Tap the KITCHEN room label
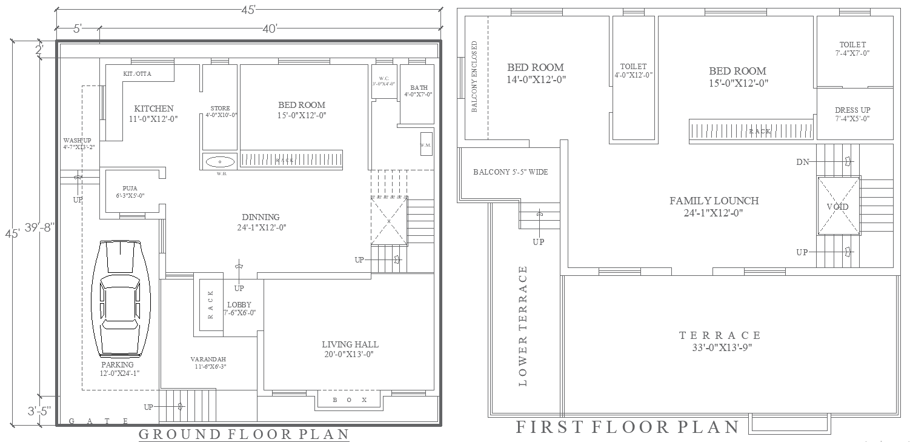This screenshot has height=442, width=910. click(153, 109)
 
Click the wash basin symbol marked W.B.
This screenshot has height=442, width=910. click(220, 162)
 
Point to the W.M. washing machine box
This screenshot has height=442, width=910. click(426, 144)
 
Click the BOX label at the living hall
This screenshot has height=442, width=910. click(350, 400)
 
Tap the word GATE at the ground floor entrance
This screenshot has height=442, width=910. click(98, 421)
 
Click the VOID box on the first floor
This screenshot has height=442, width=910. click(838, 207)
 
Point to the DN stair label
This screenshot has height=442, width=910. click(802, 162)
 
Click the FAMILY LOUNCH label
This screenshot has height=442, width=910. click(714, 201)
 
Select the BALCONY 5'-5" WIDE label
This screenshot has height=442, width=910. click(510, 172)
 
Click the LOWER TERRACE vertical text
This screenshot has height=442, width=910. click(523, 326)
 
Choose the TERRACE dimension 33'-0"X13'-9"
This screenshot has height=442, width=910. click(719, 347)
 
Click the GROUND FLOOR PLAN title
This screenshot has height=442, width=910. click(244, 434)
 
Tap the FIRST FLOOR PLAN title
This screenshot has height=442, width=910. click(627, 427)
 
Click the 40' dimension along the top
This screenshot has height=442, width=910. click(270, 28)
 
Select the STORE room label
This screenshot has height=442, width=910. click(220, 109)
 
